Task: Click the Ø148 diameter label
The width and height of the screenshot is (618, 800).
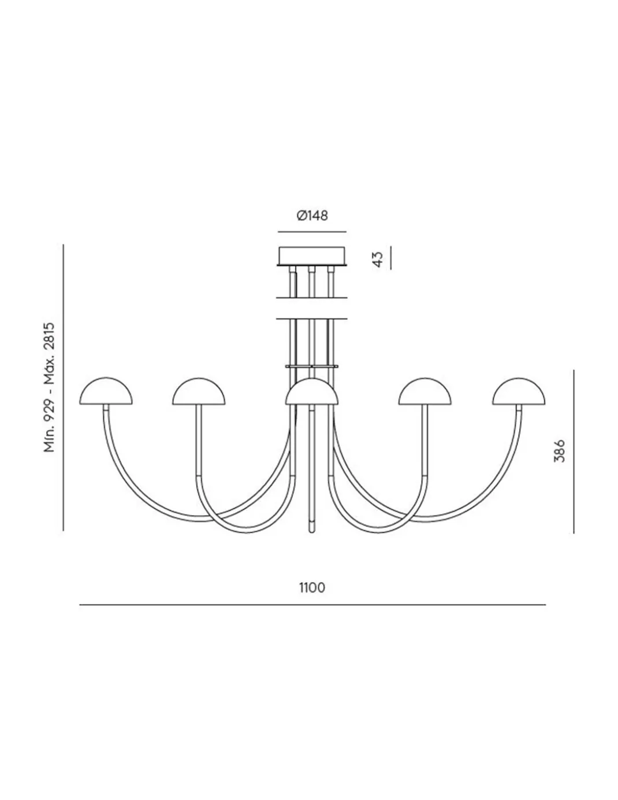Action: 312,216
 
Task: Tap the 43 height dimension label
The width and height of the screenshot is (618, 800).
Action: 378,259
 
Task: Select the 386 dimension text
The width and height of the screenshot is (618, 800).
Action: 559,451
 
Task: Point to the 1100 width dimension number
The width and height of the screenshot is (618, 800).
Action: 312,588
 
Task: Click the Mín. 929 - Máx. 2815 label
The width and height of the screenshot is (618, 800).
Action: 49,387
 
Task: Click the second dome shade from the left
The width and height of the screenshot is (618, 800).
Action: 199,392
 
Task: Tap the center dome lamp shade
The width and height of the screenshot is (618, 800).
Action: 311,392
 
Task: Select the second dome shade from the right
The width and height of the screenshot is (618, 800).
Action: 425,392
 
